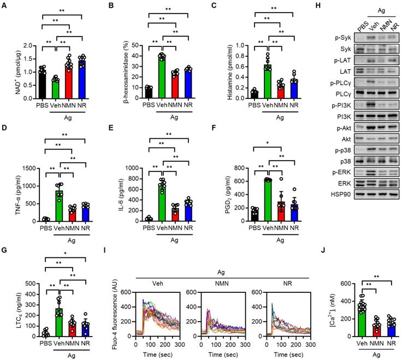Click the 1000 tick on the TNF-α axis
click(x=29, y=186)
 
